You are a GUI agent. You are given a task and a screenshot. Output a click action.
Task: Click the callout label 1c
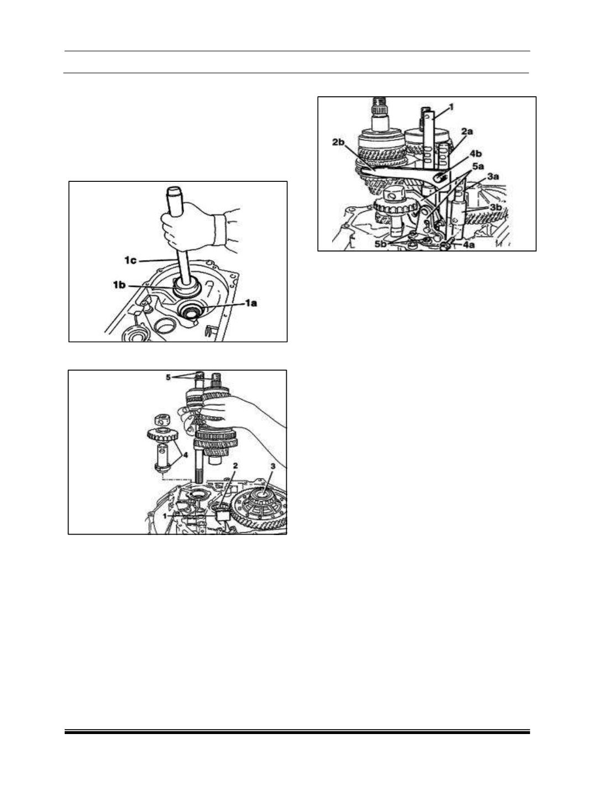click(x=130, y=260)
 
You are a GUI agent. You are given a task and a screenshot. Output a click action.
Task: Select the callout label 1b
click(x=119, y=285)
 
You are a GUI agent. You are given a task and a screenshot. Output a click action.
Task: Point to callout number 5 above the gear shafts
click(x=168, y=377)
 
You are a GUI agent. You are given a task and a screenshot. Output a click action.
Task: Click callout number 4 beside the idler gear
click(x=185, y=455)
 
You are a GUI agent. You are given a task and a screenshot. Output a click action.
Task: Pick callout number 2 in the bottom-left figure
click(x=235, y=465)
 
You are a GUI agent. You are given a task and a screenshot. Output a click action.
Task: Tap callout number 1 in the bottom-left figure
click(x=165, y=516)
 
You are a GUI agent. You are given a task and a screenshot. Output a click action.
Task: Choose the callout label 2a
click(x=466, y=132)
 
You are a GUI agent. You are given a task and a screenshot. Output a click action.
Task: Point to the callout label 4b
click(x=476, y=153)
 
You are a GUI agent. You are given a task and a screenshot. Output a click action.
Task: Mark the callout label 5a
click(x=478, y=166)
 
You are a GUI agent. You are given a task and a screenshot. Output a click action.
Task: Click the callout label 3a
click(x=493, y=176)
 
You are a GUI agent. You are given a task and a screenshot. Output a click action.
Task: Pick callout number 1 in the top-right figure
click(x=451, y=107)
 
